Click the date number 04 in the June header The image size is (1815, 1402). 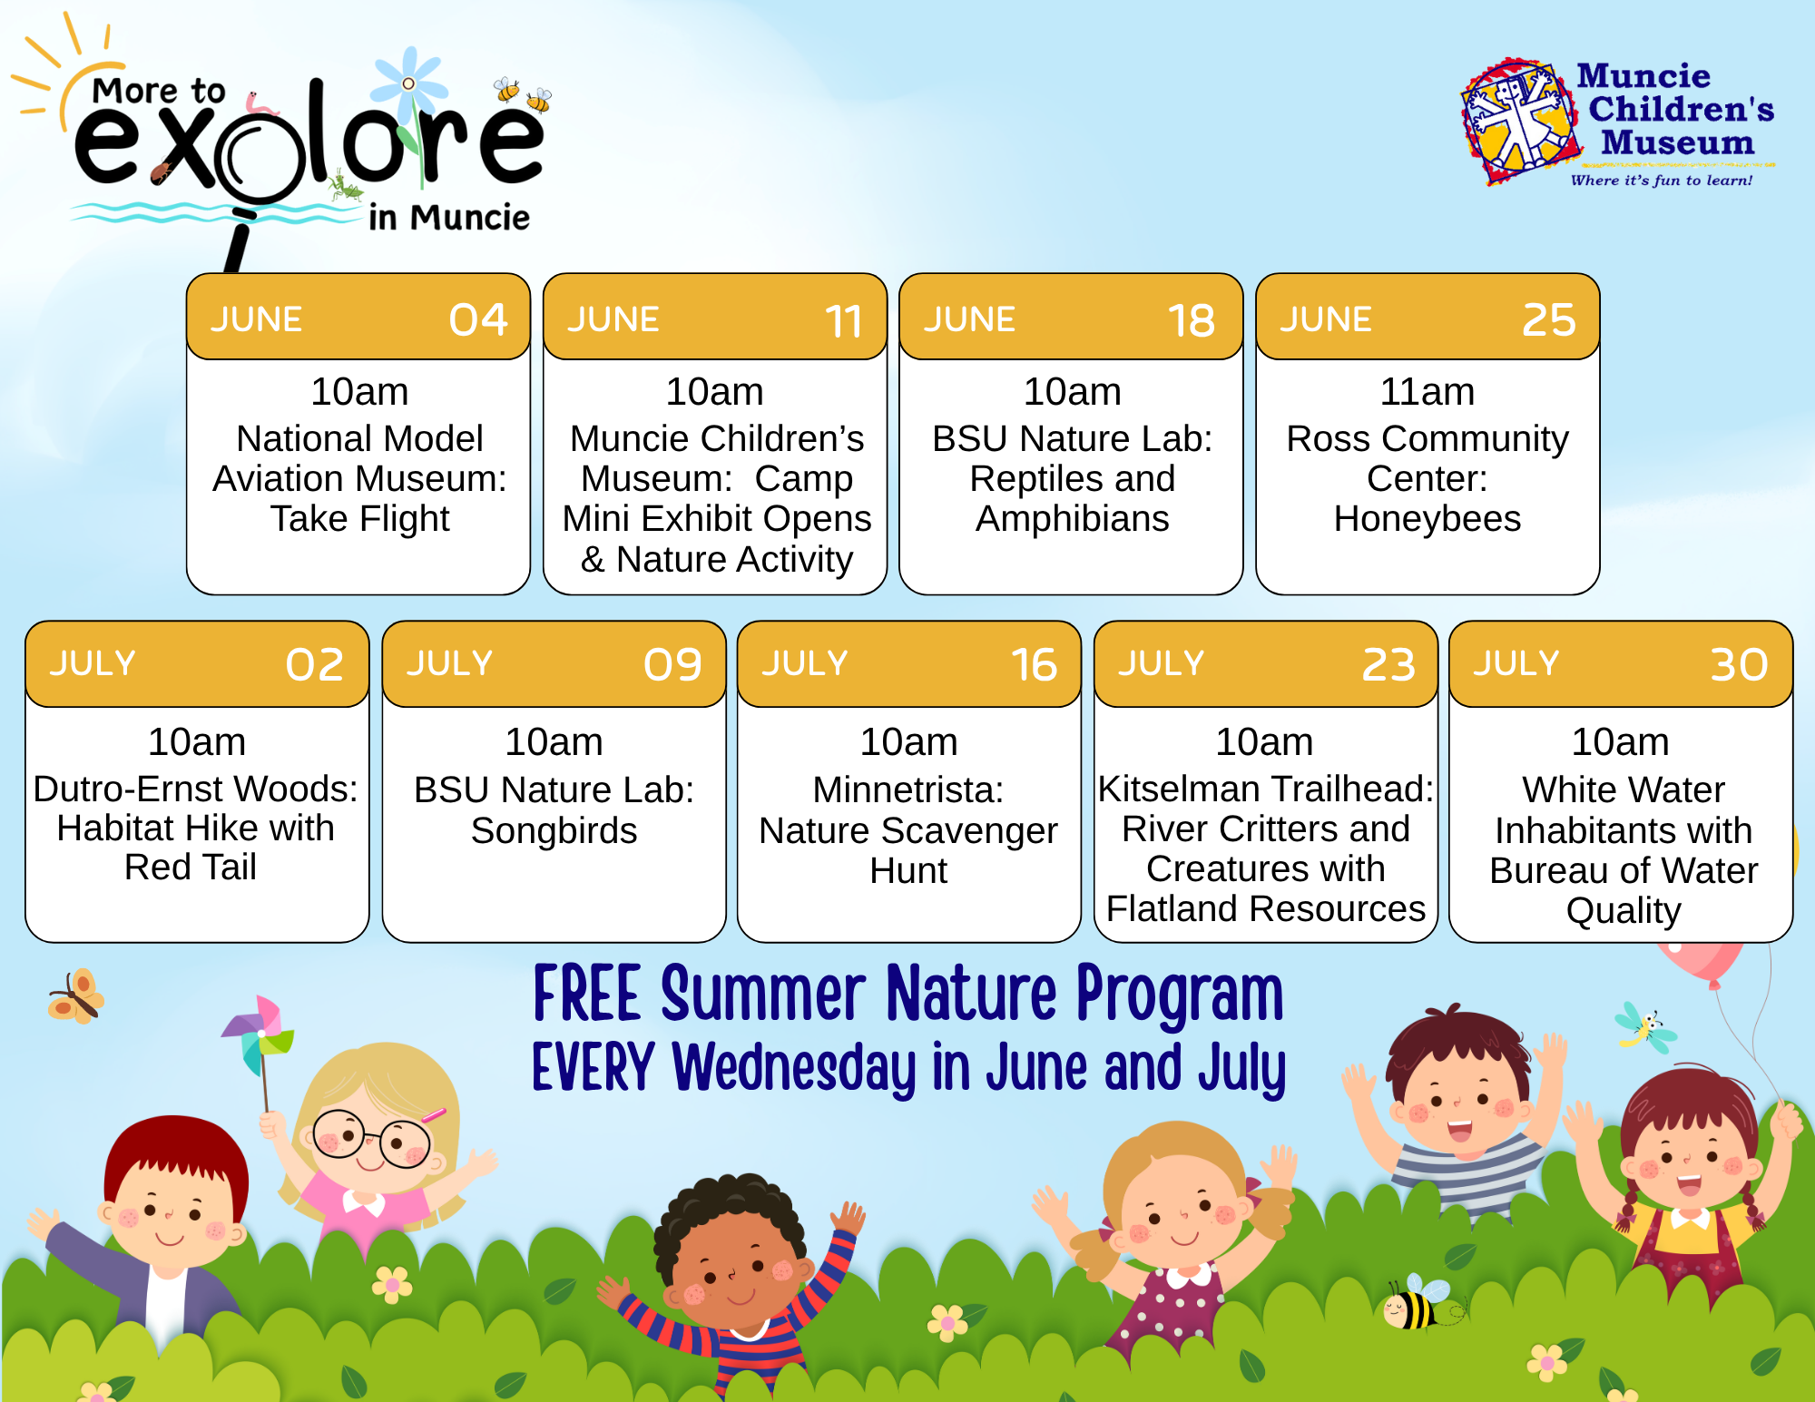(478, 319)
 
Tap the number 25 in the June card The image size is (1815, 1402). (1549, 319)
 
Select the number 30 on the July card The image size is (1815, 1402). (1740, 664)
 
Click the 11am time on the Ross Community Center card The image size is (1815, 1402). (1427, 392)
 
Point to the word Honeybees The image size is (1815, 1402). (1427, 519)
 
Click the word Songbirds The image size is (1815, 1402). (554, 831)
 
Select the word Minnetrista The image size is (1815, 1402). (907, 789)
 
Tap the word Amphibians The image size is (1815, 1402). (1072, 519)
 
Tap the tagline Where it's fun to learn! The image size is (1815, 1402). (1662, 181)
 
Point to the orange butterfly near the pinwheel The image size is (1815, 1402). (77, 996)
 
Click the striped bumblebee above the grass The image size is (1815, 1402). (1416, 1303)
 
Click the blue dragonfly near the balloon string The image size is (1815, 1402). (1645, 1028)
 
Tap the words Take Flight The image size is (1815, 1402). (360, 519)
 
